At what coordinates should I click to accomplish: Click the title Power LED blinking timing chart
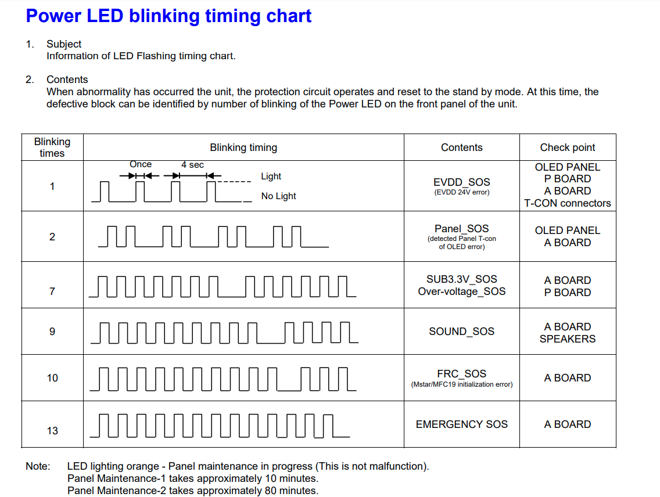pos(168,16)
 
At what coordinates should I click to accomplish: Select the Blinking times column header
pos(52,147)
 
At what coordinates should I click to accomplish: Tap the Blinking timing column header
pos(243,147)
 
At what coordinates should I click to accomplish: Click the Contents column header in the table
pos(461,147)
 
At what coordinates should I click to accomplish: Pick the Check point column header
pos(567,147)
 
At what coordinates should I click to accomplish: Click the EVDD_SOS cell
pos(462,182)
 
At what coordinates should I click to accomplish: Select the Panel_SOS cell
pos(462,229)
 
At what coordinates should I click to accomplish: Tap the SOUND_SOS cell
pos(461,332)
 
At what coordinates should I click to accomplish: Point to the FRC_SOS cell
pos(461,374)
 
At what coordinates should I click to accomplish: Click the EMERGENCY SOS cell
pos(461,424)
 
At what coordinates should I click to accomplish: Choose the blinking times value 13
pos(52,431)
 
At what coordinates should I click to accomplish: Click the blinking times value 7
pos(52,291)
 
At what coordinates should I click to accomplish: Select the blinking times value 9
pos(52,332)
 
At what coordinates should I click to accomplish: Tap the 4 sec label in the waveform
pos(192,165)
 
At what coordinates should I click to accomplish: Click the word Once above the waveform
pos(141,164)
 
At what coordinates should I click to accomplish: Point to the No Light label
pos(278,196)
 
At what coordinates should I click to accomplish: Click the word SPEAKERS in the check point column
pos(567,339)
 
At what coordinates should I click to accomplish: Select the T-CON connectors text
pos(567,203)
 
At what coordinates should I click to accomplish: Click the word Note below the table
pos(37,466)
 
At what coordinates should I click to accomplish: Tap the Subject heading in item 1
pos(64,44)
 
